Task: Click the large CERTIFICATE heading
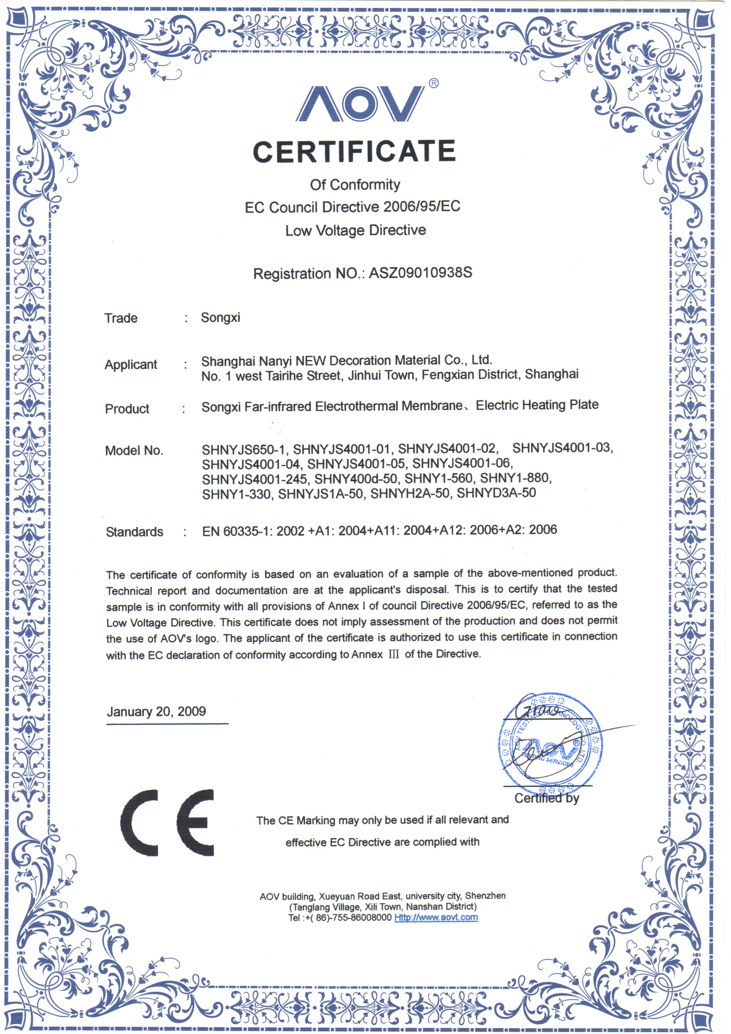tap(354, 151)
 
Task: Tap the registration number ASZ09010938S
tap(420, 273)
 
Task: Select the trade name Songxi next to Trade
tap(220, 317)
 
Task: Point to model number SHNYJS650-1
tap(244, 449)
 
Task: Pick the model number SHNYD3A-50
tap(496, 493)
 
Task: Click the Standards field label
tap(134, 532)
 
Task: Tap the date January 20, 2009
tap(156, 712)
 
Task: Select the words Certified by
tap(547, 799)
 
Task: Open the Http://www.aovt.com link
tap(436, 917)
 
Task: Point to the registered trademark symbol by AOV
tap(433, 83)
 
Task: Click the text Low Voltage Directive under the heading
tap(355, 230)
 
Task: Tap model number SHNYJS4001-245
tap(255, 479)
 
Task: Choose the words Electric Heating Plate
tap(537, 405)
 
